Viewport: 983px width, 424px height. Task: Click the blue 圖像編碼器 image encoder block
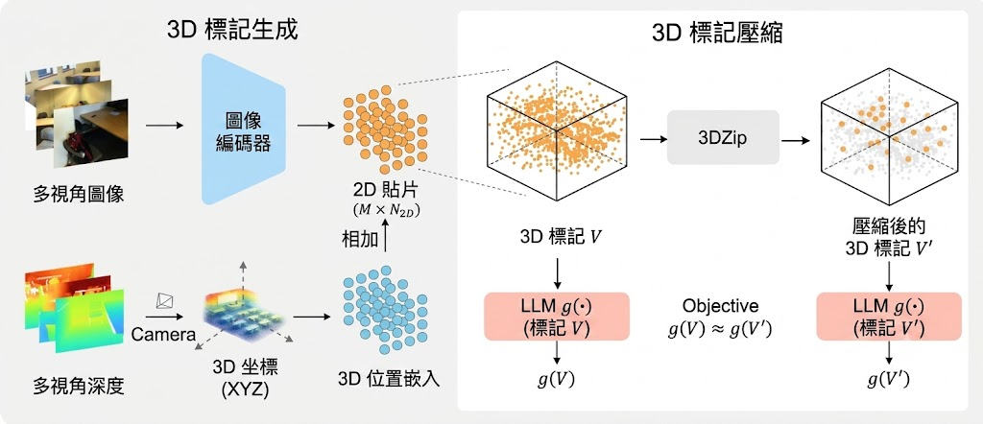click(x=243, y=129)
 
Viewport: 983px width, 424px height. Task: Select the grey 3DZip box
click(x=723, y=138)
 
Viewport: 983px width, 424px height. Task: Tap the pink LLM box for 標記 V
click(x=557, y=317)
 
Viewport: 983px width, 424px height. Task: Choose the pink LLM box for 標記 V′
click(x=889, y=317)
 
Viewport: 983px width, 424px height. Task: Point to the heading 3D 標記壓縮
click(x=716, y=33)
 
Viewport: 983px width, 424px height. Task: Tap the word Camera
click(x=163, y=335)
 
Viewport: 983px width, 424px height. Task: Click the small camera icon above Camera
click(x=165, y=302)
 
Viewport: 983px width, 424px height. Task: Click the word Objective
click(x=720, y=306)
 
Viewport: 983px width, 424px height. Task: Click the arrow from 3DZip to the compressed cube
click(x=796, y=140)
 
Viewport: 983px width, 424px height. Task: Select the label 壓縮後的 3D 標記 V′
click(x=889, y=237)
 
